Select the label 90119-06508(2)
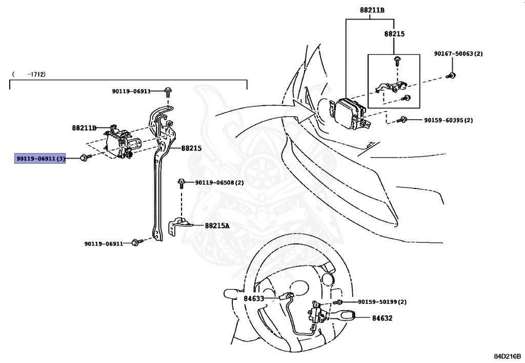click(219, 182)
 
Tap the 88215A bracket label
click(217, 225)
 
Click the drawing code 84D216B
click(507, 355)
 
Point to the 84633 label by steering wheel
click(254, 298)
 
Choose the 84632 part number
click(382, 318)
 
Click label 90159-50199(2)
click(382, 302)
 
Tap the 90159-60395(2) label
click(448, 120)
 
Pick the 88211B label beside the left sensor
click(84, 128)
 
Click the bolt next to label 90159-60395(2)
click(404, 120)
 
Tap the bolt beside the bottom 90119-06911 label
click(136, 242)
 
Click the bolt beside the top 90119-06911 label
click(168, 92)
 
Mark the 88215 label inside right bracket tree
click(394, 34)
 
